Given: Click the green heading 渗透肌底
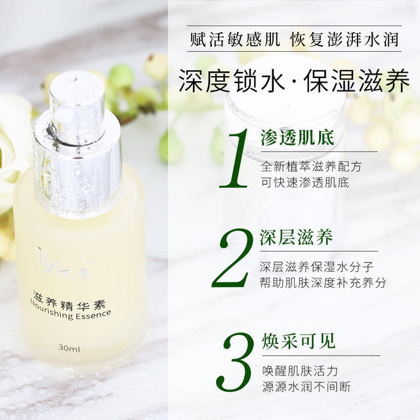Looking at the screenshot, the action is pos(297,138).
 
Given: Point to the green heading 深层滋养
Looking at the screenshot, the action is pos(296,237).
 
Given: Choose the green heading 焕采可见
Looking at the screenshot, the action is pos(299,341).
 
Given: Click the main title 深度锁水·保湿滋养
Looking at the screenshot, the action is pos(294,81).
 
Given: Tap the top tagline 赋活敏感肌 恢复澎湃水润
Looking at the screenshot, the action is pos(294,39).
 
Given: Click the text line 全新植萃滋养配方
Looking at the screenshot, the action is pos(311,166).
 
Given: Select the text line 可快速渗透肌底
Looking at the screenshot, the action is pos(305,182).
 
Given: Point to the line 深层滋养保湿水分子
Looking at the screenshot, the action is pos(316,267).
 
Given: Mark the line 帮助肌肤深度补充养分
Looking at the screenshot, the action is pos(323,282).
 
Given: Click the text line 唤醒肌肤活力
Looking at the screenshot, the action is pos(300,371).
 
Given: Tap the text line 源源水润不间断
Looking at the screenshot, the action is pos(306,387).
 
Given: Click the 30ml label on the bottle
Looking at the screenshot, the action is pos(69,348).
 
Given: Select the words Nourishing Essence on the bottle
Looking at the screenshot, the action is pos(70,311).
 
